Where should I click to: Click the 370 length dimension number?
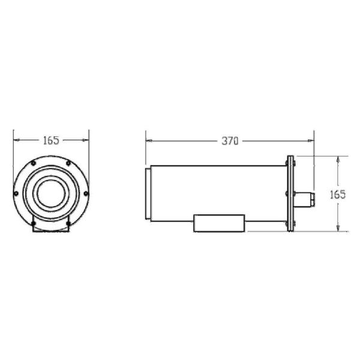coord(230,141)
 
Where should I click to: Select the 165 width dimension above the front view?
coord(51,140)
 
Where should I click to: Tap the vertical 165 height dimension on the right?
coord(338,194)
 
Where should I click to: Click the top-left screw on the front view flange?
coord(34,163)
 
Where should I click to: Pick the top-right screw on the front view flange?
coord(68,163)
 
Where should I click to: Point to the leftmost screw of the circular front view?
coord(16,194)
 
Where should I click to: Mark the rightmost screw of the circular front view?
coord(86,194)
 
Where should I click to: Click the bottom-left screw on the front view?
coord(34,223)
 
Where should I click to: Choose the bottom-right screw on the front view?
coord(68,223)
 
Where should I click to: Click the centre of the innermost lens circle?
coord(51,193)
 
